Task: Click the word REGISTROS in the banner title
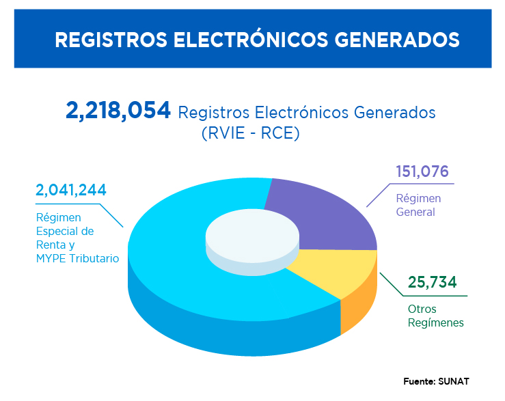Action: pyautogui.click(x=110, y=39)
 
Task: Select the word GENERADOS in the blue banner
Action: pyautogui.click(x=397, y=39)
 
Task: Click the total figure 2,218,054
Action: pyautogui.click(x=118, y=110)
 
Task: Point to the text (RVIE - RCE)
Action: pyautogui.click(x=251, y=134)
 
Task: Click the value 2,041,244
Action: pyautogui.click(x=71, y=191)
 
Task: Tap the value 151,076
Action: pyautogui.click(x=422, y=171)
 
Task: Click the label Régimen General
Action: pyautogui.click(x=418, y=205)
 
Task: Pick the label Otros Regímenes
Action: pyautogui.click(x=435, y=316)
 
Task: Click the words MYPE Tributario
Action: pyautogui.click(x=77, y=258)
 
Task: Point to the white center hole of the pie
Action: pyautogui.click(x=251, y=236)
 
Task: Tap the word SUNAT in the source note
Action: pyautogui.click(x=455, y=381)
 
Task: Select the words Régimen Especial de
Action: pyautogui.click(x=65, y=224)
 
